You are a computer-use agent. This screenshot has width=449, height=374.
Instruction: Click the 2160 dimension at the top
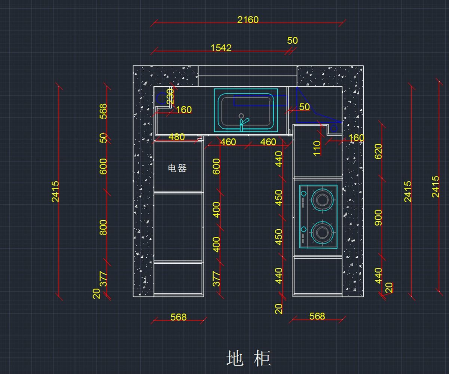click(248, 19)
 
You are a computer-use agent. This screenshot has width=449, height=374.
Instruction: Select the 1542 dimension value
click(221, 48)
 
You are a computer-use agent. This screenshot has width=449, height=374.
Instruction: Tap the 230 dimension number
click(170, 96)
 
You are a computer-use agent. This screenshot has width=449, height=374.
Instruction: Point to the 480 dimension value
click(176, 137)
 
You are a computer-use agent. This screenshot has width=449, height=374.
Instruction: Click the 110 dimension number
click(317, 148)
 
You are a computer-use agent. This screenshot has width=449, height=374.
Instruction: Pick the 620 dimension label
click(378, 151)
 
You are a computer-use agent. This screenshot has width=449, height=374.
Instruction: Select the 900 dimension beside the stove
click(378, 217)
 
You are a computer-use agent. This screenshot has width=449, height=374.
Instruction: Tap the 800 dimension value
click(103, 227)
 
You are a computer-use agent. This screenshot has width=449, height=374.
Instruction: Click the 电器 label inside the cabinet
click(177, 168)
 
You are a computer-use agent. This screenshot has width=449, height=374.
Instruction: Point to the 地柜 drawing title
click(248, 359)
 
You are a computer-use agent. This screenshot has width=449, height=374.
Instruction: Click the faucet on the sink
click(243, 123)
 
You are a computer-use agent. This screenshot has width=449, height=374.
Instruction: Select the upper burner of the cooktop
click(321, 199)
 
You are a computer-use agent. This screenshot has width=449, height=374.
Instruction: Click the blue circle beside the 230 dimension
click(161, 98)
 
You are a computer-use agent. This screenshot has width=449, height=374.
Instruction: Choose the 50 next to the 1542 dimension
click(292, 40)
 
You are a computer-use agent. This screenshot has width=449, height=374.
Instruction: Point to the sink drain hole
click(241, 116)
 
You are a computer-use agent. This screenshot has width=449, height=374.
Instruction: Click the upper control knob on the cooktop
click(303, 194)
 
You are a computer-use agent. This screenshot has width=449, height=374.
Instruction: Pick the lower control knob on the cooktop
click(303, 229)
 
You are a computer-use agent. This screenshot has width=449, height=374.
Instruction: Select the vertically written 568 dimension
click(103, 111)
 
